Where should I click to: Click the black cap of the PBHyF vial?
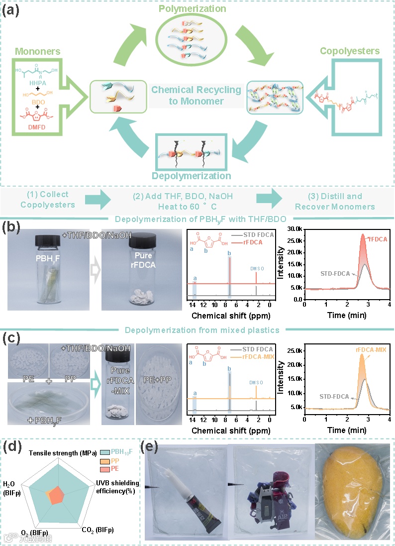coord(52,241)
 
